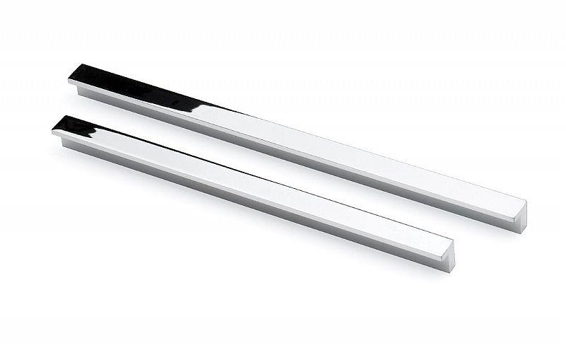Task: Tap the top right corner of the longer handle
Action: pos(524,201)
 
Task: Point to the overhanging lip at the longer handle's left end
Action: pos(73,83)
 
